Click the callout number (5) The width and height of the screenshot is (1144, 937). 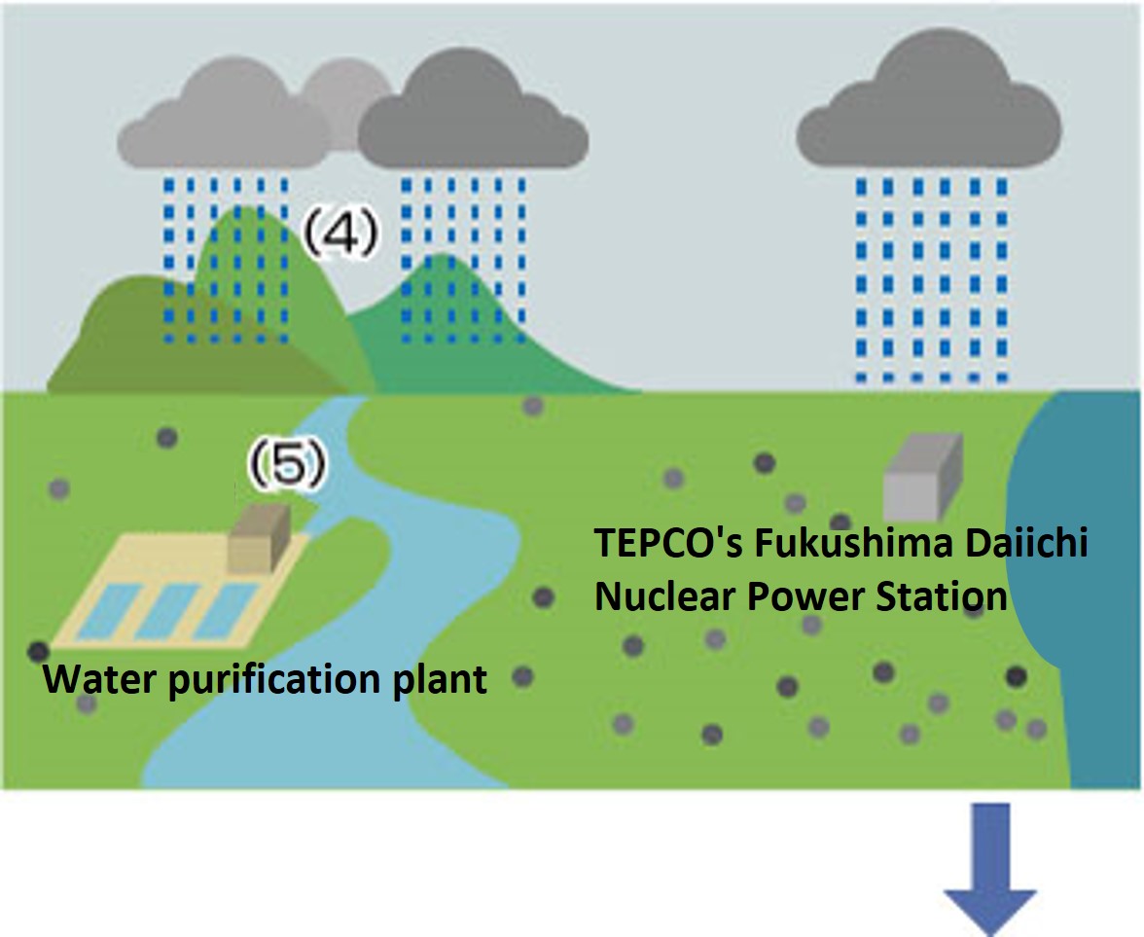tap(285, 465)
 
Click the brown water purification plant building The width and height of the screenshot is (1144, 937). tap(259, 538)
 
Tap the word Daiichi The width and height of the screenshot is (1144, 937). tap(1032, 545)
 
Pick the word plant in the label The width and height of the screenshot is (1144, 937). tap(439, 679)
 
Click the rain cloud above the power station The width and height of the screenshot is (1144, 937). tap(929, 107)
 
